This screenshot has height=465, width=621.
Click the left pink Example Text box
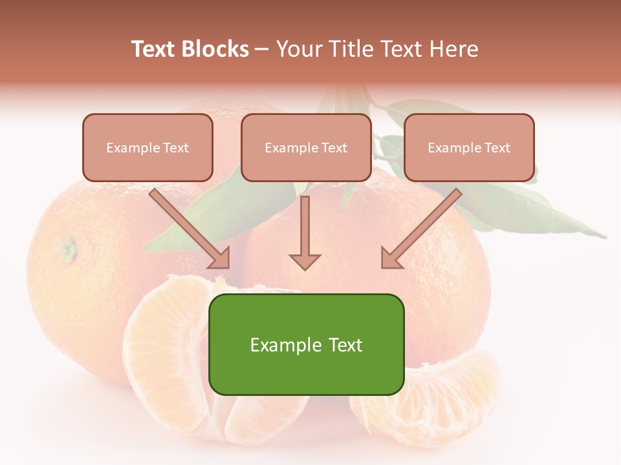coord(147,148)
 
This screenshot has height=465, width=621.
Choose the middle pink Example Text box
coord(306,148)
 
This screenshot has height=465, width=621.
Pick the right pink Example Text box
coord(469,148)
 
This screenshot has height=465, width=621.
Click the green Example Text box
coord(306,344)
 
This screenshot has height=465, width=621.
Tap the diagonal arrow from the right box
coord(420,229)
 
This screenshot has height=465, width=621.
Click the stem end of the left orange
coord(67,248)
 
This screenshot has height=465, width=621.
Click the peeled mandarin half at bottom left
coord(175,362)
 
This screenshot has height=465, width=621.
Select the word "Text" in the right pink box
coord(497,148)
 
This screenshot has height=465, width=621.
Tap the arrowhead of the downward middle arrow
coord(305,261)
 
